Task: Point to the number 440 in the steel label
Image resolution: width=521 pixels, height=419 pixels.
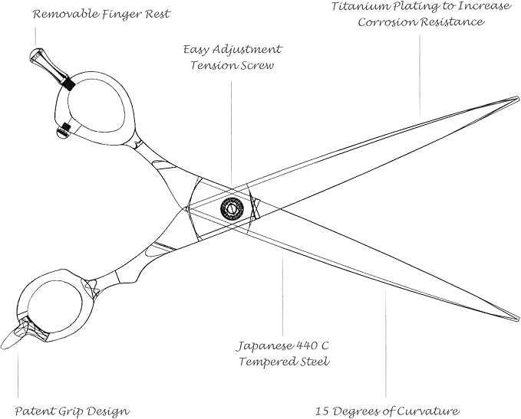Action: coord(306,346)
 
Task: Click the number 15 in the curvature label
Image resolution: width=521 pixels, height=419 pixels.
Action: coord(322,411)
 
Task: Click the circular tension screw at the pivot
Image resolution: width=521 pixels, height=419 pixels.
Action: coord(232,208)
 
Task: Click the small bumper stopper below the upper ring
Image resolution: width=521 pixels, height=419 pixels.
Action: coord(63,131)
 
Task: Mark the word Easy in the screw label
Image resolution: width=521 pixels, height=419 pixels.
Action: coord(196,51)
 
